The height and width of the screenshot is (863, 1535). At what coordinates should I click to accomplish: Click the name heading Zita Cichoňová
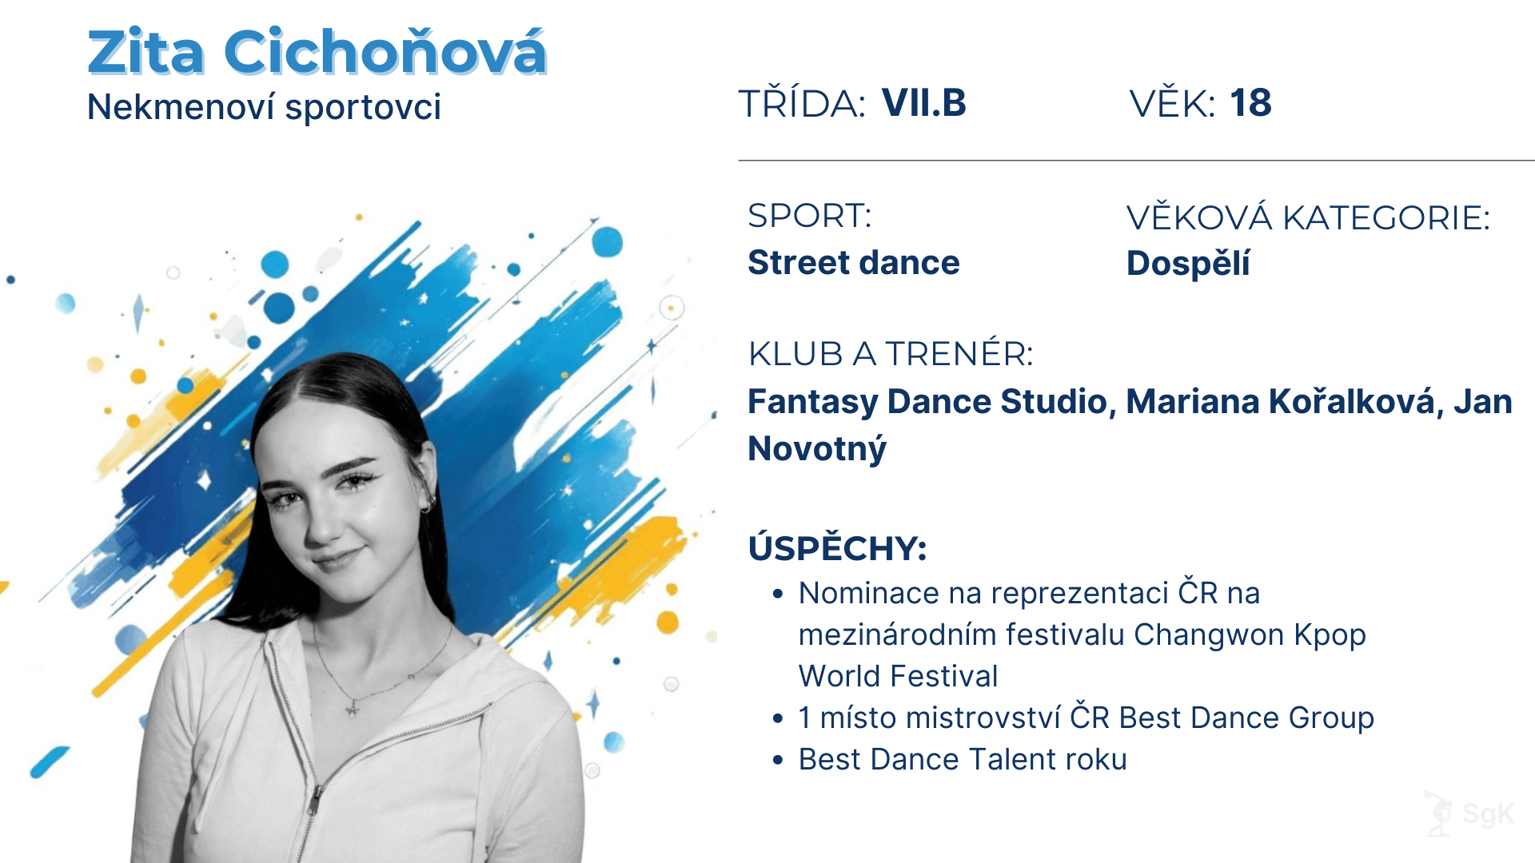[317, 53]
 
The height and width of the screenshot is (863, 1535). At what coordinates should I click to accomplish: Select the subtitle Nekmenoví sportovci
[264, 107]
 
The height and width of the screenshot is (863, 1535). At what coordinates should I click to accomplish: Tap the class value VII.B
[923, 103]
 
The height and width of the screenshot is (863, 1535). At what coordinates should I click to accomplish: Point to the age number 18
[1250, 103]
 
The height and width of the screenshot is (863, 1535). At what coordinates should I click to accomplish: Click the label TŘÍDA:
[801, 105]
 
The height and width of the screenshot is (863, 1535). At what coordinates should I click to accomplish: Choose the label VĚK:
[1172, 105]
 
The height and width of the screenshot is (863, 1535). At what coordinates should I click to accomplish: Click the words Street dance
[853, 263]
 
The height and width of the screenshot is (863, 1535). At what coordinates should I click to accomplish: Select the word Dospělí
[1187, 264]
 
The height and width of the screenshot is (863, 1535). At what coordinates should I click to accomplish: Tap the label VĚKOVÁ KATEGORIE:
[1308, 218]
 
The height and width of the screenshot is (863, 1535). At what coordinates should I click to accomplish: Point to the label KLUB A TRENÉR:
[891, 354]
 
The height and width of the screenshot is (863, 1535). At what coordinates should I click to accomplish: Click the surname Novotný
[817, 449]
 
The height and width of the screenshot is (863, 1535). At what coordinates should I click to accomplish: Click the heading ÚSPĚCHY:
[837, 549]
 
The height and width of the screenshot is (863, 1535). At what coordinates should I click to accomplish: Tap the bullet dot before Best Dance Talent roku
[778, 760]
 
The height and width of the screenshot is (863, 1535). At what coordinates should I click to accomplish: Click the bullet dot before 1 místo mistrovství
[778, 718]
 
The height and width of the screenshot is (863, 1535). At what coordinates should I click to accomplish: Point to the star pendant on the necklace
[351, 709]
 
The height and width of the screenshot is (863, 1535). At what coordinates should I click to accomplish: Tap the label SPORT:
[809, 217]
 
